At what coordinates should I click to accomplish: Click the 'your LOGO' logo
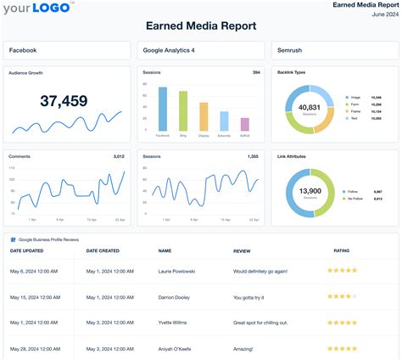[37, 10]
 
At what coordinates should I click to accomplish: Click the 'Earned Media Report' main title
[200, 25]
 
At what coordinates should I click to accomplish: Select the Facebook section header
[23, 50]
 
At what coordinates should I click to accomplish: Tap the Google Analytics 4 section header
[169, 50]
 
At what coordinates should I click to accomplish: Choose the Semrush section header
[290, 50]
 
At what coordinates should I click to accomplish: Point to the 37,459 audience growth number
[64, 101]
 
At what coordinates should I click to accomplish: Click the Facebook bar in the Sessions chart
[163, 109]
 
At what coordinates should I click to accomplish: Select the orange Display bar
[204, 116]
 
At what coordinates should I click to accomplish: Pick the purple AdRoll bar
[244, 124]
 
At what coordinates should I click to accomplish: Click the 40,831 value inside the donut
[309, 108]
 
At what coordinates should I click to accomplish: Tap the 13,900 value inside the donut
[309, 192]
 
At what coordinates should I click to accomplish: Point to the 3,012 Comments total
[119, 156]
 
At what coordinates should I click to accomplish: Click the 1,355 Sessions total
[253, 156]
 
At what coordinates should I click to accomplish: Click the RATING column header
[342, 250]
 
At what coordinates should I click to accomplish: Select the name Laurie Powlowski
[178, 271]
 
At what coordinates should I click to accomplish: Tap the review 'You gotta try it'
[253, 298]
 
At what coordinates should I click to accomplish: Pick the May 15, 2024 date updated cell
[32, 298]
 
